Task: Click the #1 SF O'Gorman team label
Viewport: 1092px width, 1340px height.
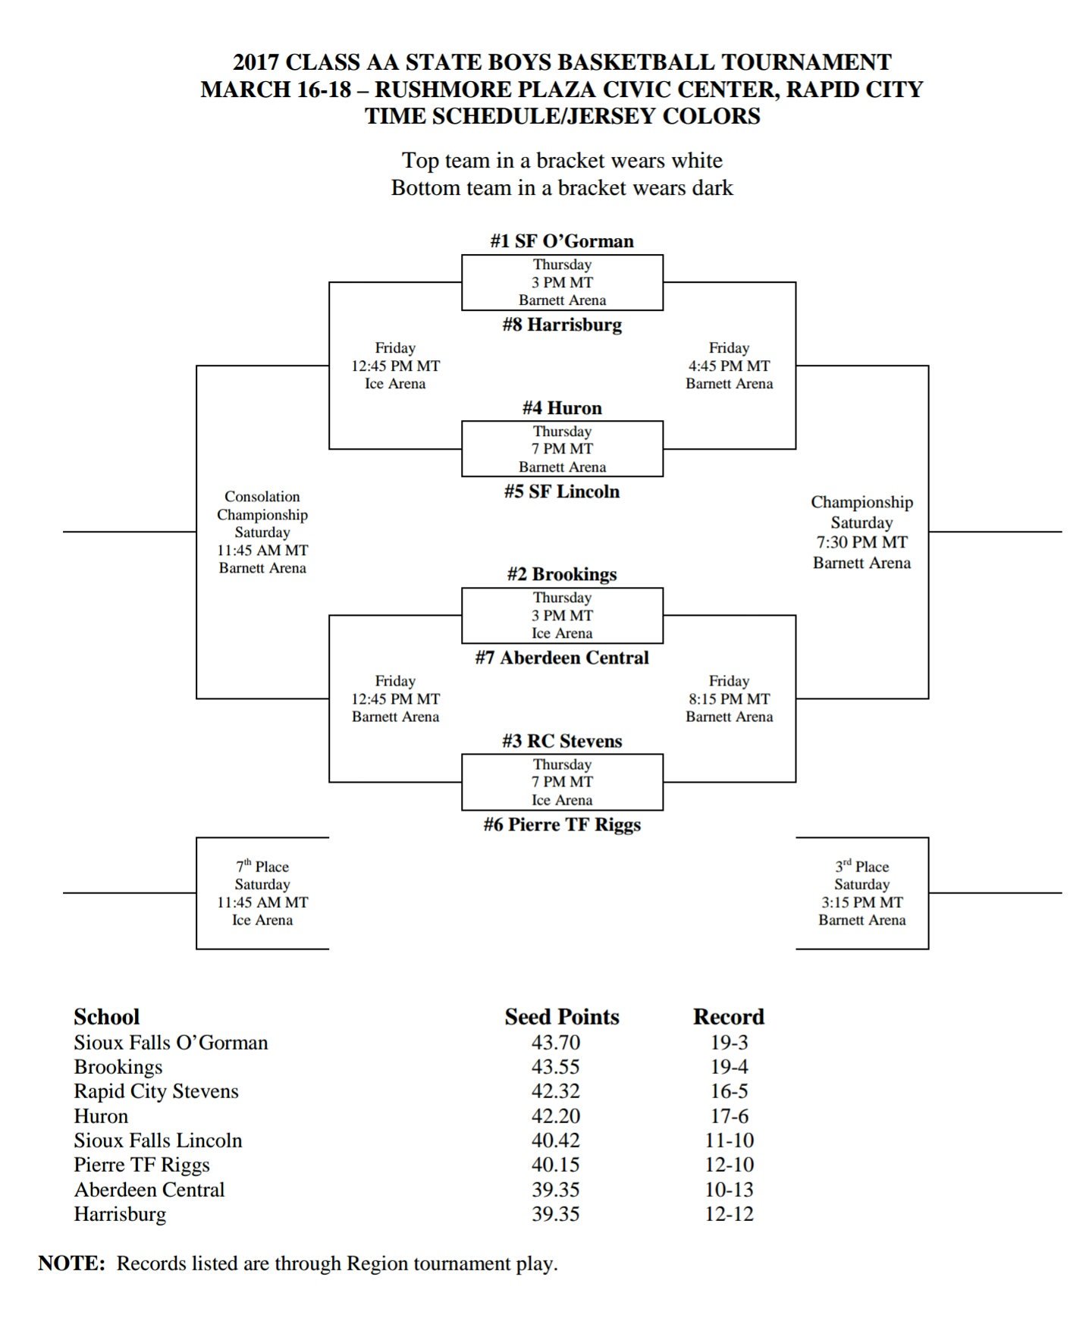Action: click(561, 241)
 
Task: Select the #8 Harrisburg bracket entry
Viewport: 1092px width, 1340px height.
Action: click(561, 325)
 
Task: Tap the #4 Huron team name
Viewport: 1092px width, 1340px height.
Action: click(561, 408)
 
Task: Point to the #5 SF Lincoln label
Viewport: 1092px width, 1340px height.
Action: click(561, 491)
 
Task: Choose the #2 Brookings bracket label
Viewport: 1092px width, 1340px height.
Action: click(561, 574)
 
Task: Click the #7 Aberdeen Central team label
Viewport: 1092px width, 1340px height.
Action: click(561, 657)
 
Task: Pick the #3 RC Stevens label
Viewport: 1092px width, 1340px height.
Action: click(561, 741)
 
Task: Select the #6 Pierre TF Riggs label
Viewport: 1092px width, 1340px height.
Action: click(561, 824)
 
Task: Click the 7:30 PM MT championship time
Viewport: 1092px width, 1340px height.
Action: click(861, 542)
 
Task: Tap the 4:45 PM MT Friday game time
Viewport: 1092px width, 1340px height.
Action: click(729, 366)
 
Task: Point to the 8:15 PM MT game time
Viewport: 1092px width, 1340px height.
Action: click(729, 699)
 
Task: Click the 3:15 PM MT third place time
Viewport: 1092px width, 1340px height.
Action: click(861, 902)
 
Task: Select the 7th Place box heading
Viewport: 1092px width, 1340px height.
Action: click(262, 866)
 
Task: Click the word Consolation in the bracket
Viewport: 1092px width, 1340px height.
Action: click(262, 497)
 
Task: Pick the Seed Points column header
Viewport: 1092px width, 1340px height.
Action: click(561, 1017)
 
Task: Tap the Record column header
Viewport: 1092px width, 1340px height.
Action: click(728, 1017)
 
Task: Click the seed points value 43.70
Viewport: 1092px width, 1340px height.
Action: click(555, 1043)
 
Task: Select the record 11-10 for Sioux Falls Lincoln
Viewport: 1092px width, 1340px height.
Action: click(729, 1141)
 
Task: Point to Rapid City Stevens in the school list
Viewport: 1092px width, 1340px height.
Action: click(156, 1091)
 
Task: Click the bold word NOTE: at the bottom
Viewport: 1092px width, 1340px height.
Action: click(72, 1263)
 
